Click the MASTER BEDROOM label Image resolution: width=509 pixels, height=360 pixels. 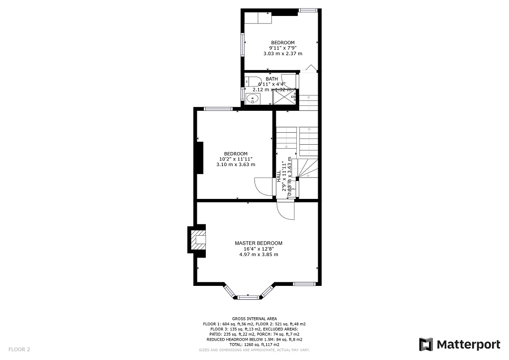[258, 243]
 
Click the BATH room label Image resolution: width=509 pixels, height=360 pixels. [272, 79]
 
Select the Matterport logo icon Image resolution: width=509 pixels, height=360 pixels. [426, 344]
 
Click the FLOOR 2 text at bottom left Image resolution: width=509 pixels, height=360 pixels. [19, 350]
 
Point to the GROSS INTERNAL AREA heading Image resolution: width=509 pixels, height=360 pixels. [254, 319]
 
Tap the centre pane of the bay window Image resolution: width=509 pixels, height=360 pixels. [247, 297]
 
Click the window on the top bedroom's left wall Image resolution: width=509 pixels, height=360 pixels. [243, 45]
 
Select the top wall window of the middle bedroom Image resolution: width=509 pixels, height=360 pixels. [218, 109]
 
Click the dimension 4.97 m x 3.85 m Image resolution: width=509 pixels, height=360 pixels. [258, 255]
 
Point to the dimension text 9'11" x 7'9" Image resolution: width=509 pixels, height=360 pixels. [282, 48]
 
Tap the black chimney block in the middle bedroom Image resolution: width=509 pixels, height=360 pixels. [200, 158]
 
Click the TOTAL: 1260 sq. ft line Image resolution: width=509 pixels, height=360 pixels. [254, 344]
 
